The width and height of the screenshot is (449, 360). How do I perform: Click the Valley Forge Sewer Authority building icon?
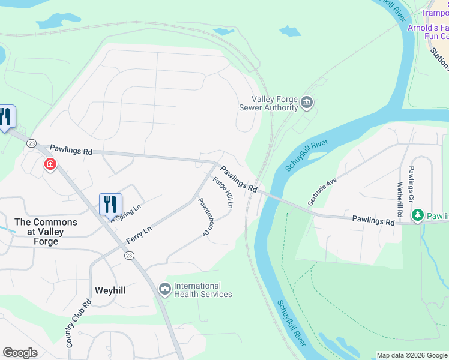point(307,103)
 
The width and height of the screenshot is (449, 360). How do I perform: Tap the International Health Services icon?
point(165,290)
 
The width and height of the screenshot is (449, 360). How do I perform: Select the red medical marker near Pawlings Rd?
point(50,164)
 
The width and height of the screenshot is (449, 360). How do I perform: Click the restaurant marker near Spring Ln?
point(110,204)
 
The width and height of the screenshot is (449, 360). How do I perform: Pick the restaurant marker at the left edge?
point(6,117)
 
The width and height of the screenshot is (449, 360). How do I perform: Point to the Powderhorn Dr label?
point(206,216)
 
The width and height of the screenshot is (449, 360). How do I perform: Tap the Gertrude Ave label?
point(322,191)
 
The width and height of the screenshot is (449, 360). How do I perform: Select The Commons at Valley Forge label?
point(46,232)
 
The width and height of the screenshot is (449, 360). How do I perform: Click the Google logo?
point(20,353)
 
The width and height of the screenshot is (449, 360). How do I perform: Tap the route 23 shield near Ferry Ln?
point(129,256)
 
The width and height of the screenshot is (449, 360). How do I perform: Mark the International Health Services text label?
point(203,290)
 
